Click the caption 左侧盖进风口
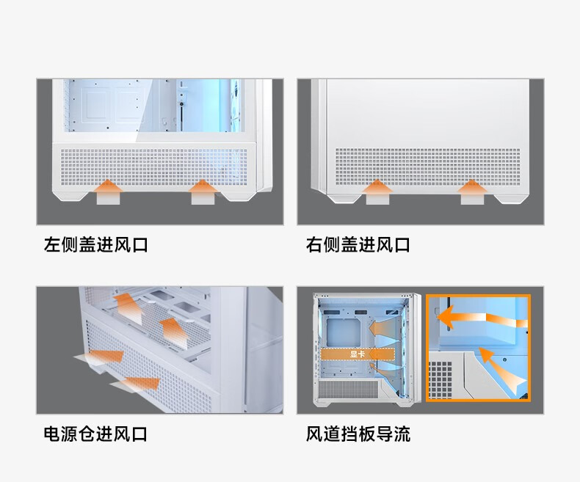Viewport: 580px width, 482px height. [95, 245]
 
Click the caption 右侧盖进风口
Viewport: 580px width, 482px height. [358, 245]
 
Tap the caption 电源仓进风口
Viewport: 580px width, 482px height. [95, 434]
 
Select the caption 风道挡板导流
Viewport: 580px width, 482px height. [358, 434]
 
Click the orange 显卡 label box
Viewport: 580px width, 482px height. [358, 354]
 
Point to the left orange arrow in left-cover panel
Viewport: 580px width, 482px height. [108, 191]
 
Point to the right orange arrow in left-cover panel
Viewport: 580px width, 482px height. [203, 191]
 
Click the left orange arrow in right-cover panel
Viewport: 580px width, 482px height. [377, 191]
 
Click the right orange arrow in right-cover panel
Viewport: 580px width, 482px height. [472, 191]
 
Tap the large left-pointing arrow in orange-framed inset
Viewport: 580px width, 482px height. [481, 318]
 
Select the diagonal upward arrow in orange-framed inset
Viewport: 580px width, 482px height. [501, 370]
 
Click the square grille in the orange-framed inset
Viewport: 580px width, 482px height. [441, 380]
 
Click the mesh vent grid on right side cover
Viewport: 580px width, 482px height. [427, 167]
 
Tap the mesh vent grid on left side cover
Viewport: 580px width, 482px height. [154, 167]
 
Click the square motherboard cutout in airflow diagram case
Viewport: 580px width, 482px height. [344, 332]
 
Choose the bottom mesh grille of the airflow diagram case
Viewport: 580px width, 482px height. [348, 390]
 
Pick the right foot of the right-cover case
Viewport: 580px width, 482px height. [510, 199]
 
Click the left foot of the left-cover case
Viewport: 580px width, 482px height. [71, 196]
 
